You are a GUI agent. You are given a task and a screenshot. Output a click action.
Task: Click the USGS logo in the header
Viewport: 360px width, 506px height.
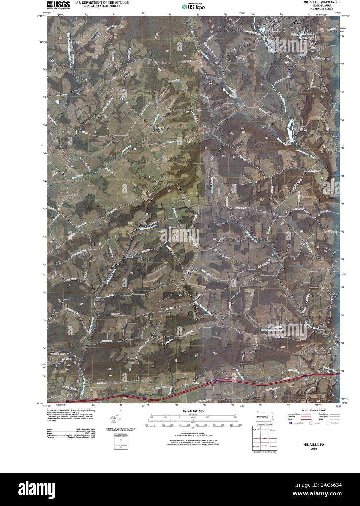coord(58,5)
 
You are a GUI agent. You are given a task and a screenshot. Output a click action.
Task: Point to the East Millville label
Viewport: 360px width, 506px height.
coord(298,21)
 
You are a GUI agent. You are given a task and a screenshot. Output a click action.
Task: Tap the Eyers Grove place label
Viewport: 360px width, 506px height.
coord(304,129)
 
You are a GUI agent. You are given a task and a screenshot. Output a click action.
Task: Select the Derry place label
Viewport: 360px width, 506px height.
coord(71,166)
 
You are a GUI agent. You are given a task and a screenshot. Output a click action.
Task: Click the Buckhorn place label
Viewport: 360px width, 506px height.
coord(332,343)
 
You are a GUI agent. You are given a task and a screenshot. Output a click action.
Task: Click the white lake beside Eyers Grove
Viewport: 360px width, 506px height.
coord(291,129)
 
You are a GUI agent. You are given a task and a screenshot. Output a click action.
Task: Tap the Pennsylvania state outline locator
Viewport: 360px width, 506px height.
coord(264,416)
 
